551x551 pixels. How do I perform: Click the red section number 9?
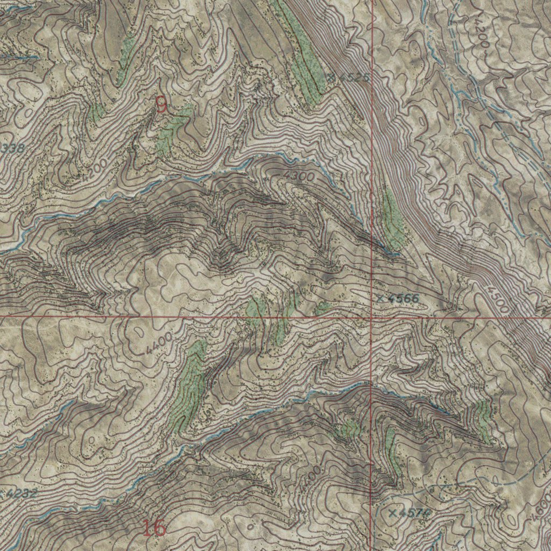coord(161,104)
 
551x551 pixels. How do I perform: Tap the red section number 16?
coord(154,528)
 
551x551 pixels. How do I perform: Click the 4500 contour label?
coord(497,299)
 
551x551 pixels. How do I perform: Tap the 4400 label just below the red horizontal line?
coord(158,343)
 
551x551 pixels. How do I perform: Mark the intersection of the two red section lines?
coord(372,317)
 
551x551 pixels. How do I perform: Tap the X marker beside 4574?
coord(392,513)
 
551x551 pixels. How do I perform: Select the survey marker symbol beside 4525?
coord(331,77)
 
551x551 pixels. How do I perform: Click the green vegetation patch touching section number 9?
coord(172,129)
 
